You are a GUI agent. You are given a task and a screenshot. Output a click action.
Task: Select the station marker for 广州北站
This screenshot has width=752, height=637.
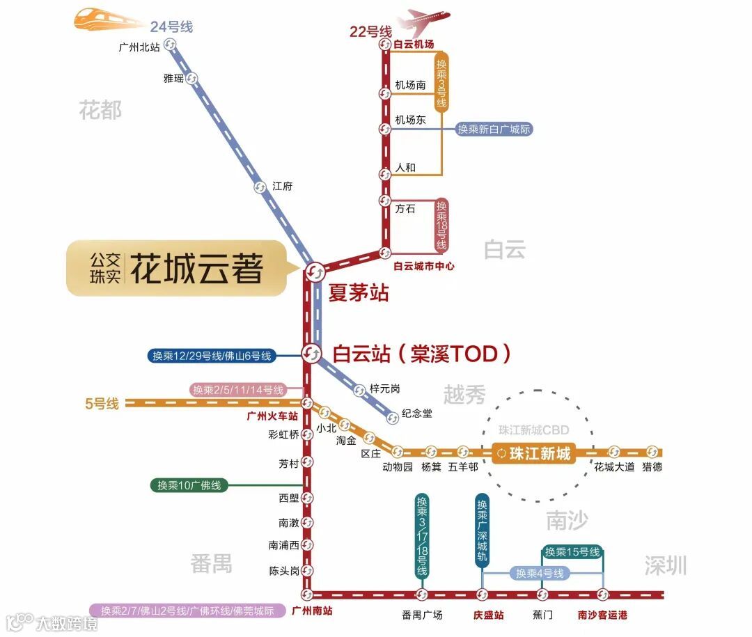(x=171, y=45)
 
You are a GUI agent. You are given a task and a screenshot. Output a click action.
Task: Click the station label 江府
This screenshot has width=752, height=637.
(x=282, y=187)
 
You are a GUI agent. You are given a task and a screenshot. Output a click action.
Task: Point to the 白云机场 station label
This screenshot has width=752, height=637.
(x=413, y=45)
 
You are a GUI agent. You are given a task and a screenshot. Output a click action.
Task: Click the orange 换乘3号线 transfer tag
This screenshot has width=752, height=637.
(x=441, y=81)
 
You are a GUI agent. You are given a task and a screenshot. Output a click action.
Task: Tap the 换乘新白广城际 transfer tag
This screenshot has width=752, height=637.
(x=494, y=129)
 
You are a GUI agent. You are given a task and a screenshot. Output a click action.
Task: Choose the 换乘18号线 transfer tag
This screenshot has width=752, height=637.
(x=442, y=226)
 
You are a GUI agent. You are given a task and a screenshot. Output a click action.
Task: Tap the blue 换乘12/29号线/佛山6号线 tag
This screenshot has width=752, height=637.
(x=212, y=356)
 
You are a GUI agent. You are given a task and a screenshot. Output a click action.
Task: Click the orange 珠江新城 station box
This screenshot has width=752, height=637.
(x=533, y=453)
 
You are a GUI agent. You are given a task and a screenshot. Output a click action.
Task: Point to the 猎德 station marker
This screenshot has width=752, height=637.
(x=652, y=452)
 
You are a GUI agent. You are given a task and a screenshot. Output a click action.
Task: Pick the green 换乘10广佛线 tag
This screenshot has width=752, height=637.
(x=189, y=485)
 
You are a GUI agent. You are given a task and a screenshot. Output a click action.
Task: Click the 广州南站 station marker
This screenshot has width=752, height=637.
(x=307, y=595)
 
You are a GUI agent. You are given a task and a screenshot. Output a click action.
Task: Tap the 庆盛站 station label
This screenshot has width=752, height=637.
(x=488, y=615)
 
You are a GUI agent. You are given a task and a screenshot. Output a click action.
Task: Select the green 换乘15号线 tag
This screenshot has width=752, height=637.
(x=572, y=552)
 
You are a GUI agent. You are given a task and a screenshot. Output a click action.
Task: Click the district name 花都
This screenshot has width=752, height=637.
(x=100, y=110)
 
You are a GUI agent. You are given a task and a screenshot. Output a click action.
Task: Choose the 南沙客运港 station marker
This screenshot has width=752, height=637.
(x=603, y=595)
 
